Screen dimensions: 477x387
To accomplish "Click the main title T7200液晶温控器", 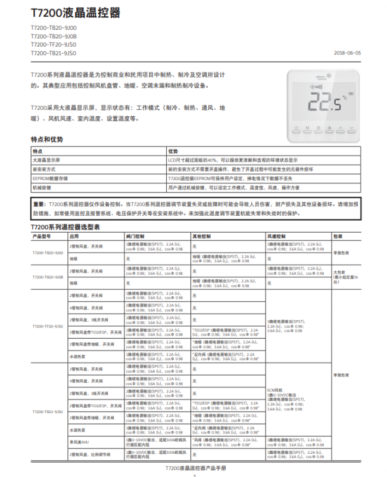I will coord(75,13).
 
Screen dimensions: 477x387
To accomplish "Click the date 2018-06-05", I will coord(348,52).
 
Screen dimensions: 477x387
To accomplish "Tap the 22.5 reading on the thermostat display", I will coord(328,103).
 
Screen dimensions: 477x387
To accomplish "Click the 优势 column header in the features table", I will coord(173,151).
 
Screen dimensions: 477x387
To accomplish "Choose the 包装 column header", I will coord(338,236).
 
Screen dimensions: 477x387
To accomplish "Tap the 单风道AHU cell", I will coord(80,442).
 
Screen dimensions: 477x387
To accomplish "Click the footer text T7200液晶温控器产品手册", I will coord(194,468).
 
